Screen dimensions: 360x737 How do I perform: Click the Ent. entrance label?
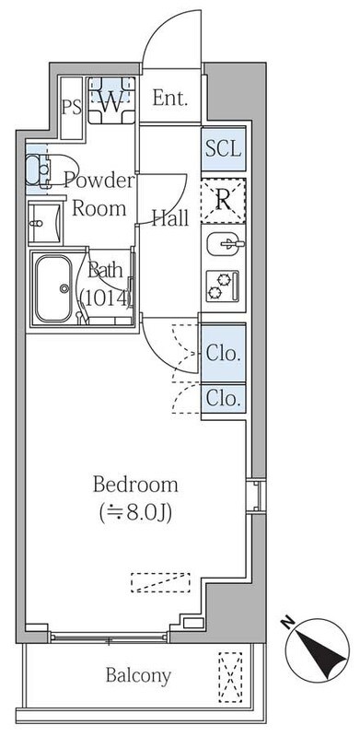click(x=170, y=99)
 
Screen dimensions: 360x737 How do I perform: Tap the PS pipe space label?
click(x=72, y=108)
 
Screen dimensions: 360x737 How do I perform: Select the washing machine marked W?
click(x=111, y=100)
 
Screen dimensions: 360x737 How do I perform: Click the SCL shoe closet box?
click(x=223, y=149)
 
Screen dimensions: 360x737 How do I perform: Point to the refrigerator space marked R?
click(x=223, y=201)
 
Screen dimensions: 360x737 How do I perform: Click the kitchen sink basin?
click(x=226, y=244)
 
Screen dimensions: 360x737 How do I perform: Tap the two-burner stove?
click(x=223, y=286)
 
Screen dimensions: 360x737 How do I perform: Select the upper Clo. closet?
click(x=223, y=353)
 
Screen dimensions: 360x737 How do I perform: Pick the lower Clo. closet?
click(x=223, y=399)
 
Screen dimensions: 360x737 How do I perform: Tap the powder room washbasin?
click(x=44, y=223)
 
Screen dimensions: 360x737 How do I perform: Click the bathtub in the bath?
click(x=54, y=288)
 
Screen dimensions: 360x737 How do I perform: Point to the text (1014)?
click(x=105, y=297)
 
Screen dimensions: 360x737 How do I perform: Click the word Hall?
click(x=170, y=218)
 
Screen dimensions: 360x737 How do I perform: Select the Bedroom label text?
click(x=135, y=485)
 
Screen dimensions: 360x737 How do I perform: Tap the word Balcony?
click(x=138, y=676)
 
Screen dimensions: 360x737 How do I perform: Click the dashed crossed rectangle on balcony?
click(x=230, y=677)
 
